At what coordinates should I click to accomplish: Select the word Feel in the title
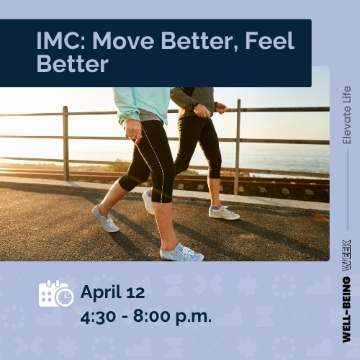click(269, 41)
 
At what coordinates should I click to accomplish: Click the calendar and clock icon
click(55, 294)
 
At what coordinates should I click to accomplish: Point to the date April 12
click(112, 292)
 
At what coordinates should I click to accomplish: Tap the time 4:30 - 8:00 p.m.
click(146, 315)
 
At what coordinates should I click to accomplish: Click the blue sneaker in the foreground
click(181, 253)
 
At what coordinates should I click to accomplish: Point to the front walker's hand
click(133, 130)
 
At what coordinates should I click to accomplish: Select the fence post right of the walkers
click(238, 148)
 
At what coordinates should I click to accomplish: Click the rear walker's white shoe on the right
click(223, 212)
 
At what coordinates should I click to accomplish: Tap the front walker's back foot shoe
click(105, 219)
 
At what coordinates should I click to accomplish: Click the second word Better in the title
click(72, 65)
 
